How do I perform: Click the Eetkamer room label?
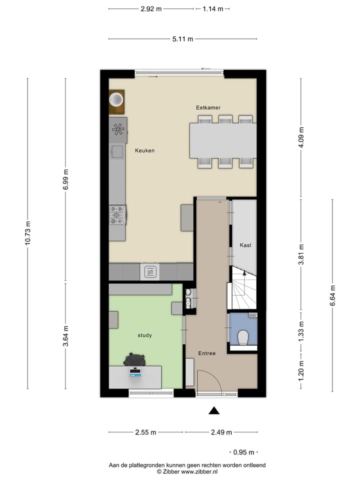[x=208, y=107]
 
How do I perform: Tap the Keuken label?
[x=144, y=150]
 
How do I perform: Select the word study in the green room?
[x=144, y=335]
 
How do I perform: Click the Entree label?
[x=206, y=353]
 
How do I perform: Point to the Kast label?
[x=245, y=245]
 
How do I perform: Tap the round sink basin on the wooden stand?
[x=116, y=99]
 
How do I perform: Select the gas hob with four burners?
[x=117, y=215]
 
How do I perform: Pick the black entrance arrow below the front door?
[x=214, y=410]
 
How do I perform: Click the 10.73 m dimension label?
[x=27, y=233]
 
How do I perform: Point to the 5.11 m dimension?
[x=183, y=39]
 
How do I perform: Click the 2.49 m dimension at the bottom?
[x=220, y=432]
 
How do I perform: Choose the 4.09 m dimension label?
[x=301, y=137]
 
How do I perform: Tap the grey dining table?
[x=222, y=140]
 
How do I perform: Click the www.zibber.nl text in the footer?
[x=199, y=471]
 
